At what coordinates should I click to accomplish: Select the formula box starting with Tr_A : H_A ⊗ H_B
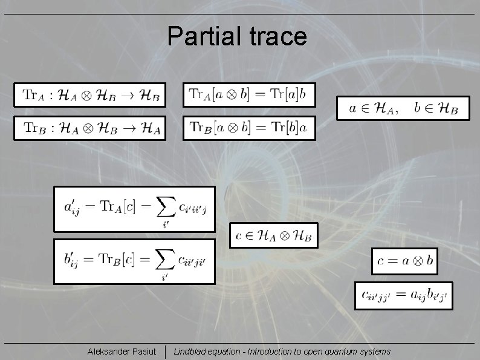click(x=90, y=94)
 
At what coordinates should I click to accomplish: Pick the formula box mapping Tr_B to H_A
click(x=90, y=128)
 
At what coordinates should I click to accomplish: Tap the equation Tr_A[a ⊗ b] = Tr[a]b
click(x=249, y=94)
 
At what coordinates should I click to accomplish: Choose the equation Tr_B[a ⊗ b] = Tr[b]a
click(x=249, y=128)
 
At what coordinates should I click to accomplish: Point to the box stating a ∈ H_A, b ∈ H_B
click(x=403, y=108)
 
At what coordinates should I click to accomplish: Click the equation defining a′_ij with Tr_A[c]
click(x=134, y=208)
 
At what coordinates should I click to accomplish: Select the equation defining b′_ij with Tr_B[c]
click(x=134, y=261)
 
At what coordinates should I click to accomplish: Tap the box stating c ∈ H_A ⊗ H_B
click(x=274, y=235)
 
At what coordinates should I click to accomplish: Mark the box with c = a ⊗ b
click(x=404, y=261)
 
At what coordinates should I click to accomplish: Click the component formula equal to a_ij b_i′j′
click(x=403, y=296)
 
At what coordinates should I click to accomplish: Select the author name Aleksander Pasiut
click(x=121, y=352)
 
